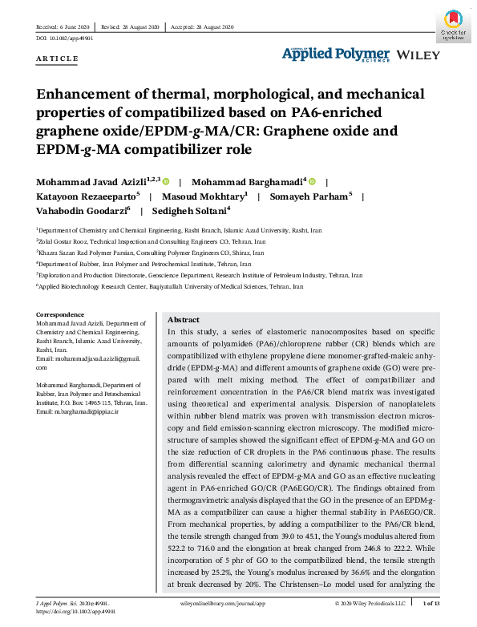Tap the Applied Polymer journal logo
tap(335, 54)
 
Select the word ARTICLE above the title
tap(58, 59)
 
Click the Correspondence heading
tap(60, 314)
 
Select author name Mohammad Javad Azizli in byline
tap(94, 182)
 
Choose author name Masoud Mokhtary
tap(204, 196)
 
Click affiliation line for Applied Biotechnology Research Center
tap(171, 286)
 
